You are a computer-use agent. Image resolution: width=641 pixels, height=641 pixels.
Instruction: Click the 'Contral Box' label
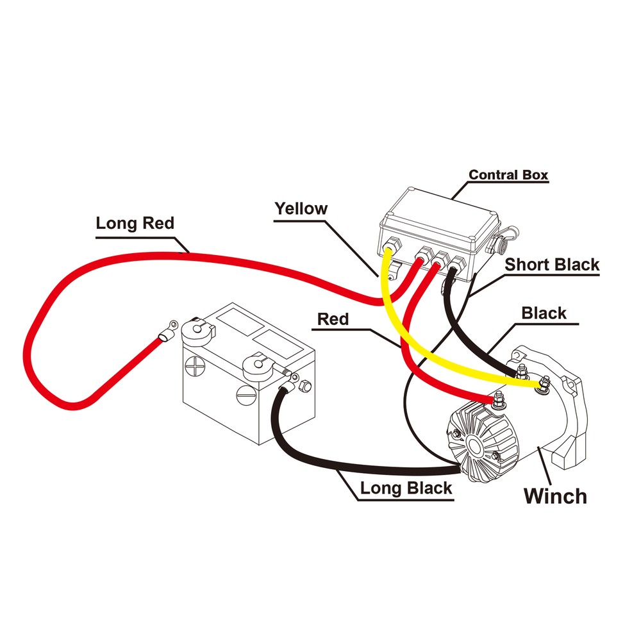[x=508, y=174]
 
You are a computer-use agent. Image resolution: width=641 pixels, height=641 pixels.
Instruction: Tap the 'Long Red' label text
[x=135, y=223]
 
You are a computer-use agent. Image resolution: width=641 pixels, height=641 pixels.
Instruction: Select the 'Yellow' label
[x=301, y=208]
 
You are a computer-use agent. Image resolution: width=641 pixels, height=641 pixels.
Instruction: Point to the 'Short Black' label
[x=552, y=264]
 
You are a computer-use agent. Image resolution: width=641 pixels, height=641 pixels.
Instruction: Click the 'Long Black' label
[x=406, y=488]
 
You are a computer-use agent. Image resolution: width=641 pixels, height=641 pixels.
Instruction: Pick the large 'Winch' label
[x=555, y=495]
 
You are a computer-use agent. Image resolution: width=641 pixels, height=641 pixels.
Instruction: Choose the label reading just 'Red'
[x=333, y=319]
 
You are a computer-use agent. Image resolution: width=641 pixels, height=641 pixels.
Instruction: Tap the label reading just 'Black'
[x=544, y=313]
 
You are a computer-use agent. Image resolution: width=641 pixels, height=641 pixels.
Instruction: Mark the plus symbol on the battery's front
[x=193, y=370]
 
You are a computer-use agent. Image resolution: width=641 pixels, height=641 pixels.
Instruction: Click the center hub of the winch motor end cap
[x=476, y=444]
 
